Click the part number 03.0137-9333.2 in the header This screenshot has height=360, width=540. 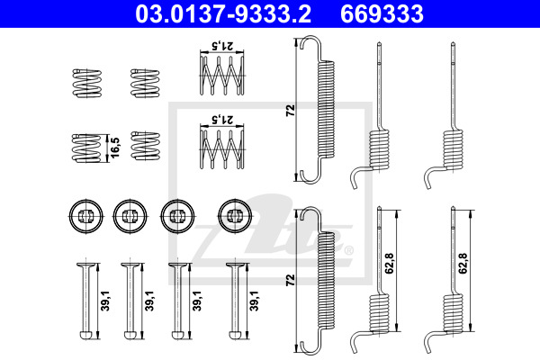pyautogui.click(x=223, y=13)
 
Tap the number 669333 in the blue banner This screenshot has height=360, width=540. pyautogui.click(x=382, y=13)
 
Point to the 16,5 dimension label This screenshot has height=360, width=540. pyautogui.click(x=115, y=148)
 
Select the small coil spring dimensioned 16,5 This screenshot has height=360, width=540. pyautogui.click(x=86, y=148)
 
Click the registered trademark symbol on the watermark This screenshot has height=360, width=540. pyautogui.click(x=349, y=250)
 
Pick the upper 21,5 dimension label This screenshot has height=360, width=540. pyautogui.click(x=222, y=46)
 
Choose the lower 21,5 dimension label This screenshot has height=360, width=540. pyautogui.click(x=222, y=120)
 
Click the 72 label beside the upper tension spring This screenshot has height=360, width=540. pyautogui.click(x=291, y=110)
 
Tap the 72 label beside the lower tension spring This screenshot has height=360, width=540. pyautogui.click(x=291, y=280)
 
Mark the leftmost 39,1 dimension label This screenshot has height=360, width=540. pyautogui.click(x=105, y=301)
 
